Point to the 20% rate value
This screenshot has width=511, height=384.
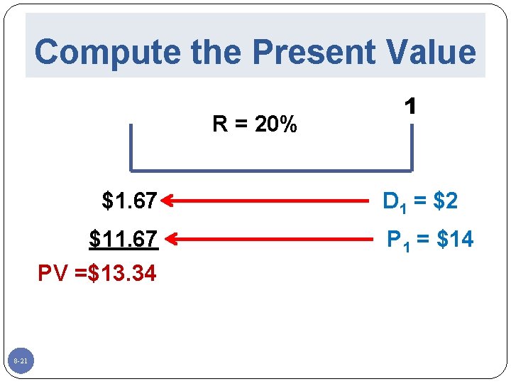point(276,125)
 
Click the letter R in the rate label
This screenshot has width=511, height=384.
point(220,125)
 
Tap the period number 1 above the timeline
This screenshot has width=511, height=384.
point(410,107)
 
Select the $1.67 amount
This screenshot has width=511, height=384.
point(130,202)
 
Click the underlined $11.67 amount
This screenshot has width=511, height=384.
point(123,240)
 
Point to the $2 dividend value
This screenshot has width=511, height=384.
point(446,202)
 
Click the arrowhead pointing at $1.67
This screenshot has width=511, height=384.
point(167,202)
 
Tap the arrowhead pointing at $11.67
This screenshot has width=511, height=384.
point(167,240)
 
